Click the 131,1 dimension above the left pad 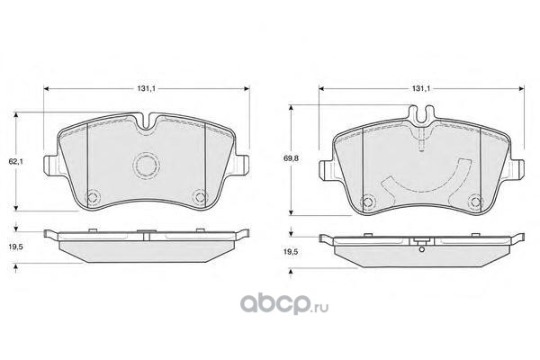point(147,88)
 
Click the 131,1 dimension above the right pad point(421,88)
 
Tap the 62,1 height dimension point(16,161)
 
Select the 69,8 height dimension point(292,158)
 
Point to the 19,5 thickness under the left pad point(16,247)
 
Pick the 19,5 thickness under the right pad point(291,252)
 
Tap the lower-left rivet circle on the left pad point(94,197)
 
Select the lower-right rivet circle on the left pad point(200,197)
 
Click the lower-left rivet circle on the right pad point(368,201)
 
